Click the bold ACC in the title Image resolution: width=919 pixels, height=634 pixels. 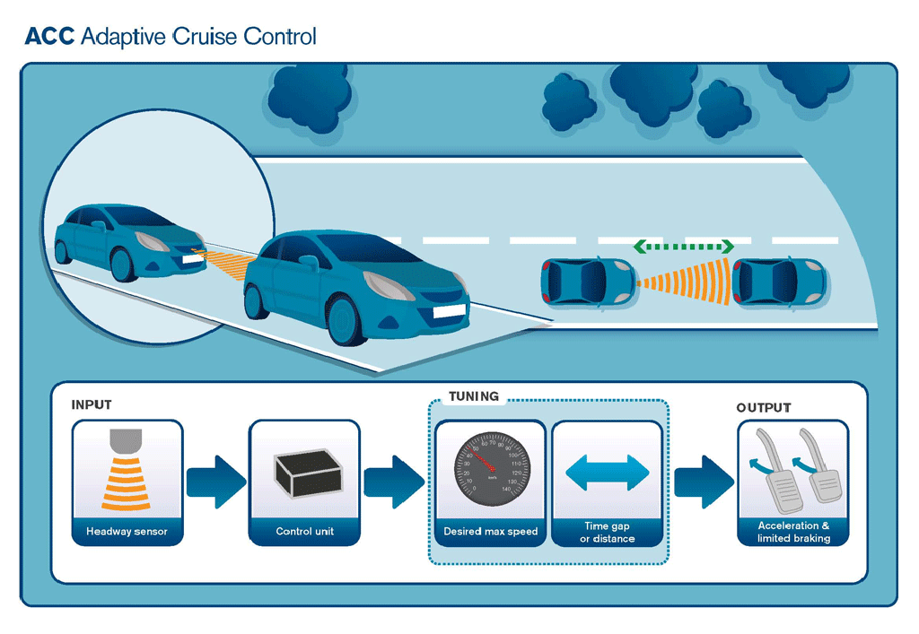48,37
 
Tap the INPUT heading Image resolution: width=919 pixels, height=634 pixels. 92,405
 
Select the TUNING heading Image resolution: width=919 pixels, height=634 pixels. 473,395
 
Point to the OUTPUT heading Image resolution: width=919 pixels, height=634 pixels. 764,408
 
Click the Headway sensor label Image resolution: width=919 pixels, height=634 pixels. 127,532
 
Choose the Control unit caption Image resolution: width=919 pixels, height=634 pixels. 304,532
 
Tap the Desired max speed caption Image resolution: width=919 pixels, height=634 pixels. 490,532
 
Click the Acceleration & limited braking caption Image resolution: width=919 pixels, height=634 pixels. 793,532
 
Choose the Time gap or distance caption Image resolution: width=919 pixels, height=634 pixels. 608,532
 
